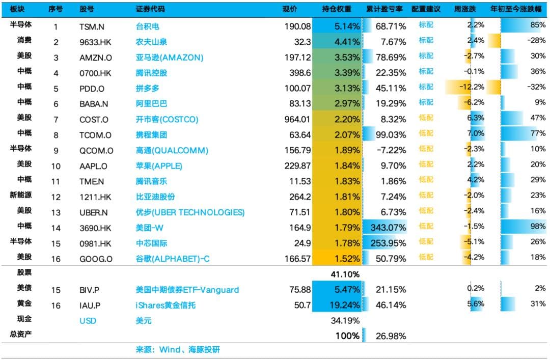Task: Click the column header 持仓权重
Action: click(x=337, y=9)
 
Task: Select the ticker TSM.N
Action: click(x=92, y=26)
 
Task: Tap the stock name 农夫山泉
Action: click(x=151, y=41)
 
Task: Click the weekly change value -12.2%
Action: click(x=472, y=87)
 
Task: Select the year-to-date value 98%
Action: click(x=538, y=227)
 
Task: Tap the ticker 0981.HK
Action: click(x=96, y=242)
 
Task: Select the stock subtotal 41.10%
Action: click(x=347, y=274)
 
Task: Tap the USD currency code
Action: click(x=88, y=321)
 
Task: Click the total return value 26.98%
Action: click(x=391, y=336)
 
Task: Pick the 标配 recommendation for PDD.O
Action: click(x=426, y=87)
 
